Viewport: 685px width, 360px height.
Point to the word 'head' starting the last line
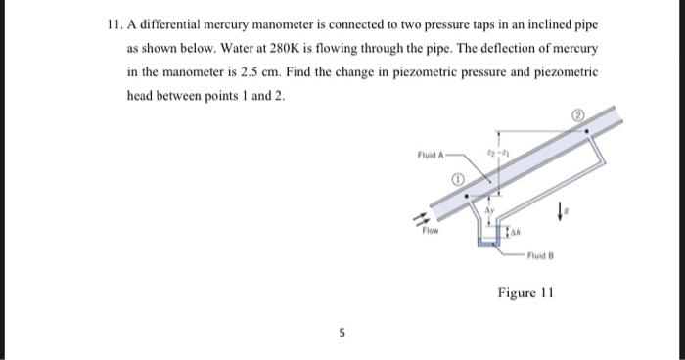143,96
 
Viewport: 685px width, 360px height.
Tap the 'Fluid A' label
431,153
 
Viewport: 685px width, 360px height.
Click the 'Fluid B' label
541,257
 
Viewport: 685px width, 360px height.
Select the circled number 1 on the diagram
456,180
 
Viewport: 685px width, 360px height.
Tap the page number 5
342,333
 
